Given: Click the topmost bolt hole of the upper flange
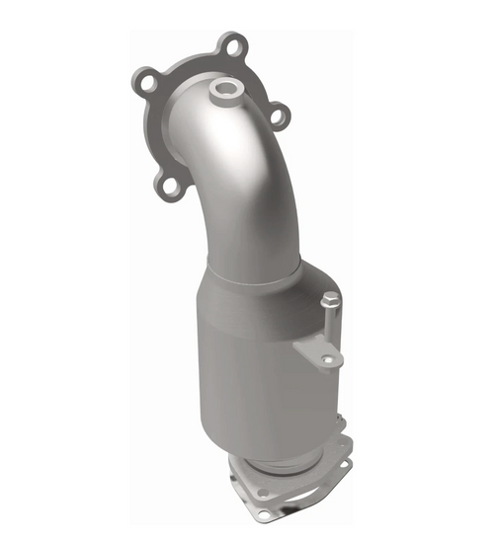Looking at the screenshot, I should click(x=233, y=44).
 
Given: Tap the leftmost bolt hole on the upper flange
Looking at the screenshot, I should click(x=144, y=83).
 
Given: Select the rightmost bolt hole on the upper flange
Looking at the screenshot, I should click(x=280, y=116).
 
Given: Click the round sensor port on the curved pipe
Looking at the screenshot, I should click(x=224, y=91).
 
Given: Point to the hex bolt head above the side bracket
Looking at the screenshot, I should click(x=331, y=298).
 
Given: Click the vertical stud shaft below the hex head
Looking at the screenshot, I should click(x=331, y=321).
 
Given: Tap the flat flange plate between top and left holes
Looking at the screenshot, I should click(x=183, y=61).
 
